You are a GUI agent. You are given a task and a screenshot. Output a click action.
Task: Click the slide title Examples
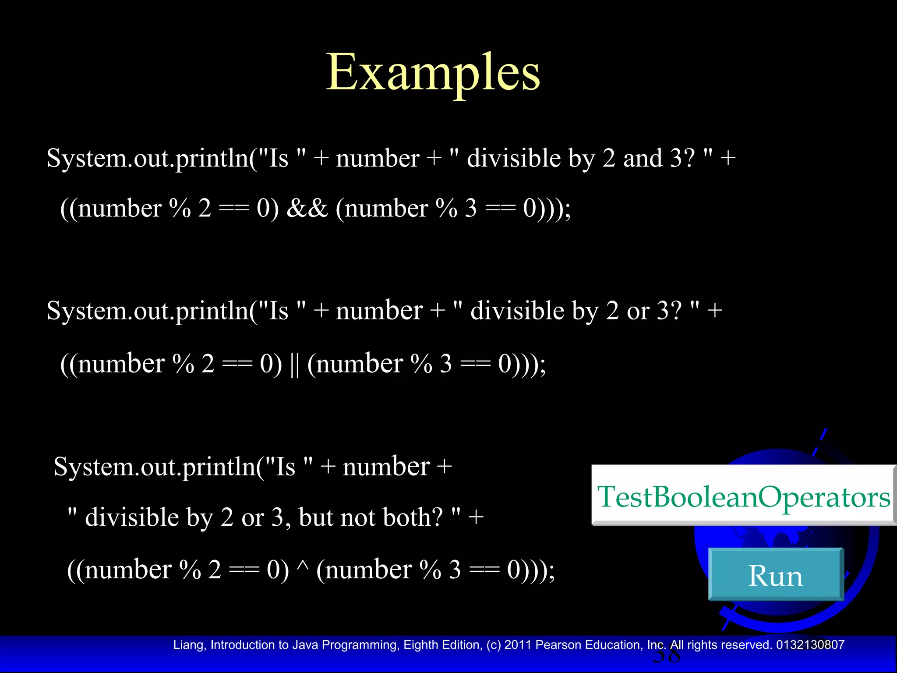point(433,72)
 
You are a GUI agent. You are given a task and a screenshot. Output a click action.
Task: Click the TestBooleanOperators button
point(743,496)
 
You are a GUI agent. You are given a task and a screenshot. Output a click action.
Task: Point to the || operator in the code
point(294,364)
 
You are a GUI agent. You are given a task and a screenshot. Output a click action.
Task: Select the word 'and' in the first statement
point(643,158)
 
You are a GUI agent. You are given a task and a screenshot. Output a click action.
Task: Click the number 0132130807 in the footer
point(810,645)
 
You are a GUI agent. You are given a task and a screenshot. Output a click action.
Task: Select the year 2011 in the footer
point(518,645)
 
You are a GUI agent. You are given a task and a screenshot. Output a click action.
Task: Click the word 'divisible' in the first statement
point(513,158)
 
